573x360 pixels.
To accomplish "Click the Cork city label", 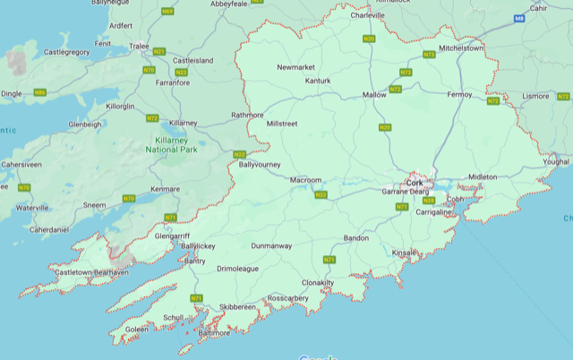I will (415, 183).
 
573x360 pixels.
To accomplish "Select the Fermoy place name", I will (458, 94).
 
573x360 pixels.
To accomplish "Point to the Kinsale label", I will (405, 253).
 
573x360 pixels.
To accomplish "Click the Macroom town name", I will (305, 180).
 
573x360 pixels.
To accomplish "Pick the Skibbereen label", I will (238, 306).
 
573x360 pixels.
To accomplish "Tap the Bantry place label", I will (194, 261).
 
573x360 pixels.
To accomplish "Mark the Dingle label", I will (12, 93).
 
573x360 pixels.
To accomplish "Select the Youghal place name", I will (554, 162).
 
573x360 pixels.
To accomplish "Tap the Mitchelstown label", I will (461, 48).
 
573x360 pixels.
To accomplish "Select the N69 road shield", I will (167, 12).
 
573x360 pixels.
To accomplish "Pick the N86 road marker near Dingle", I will (39, 92).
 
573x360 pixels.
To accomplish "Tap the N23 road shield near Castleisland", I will (182, 72).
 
